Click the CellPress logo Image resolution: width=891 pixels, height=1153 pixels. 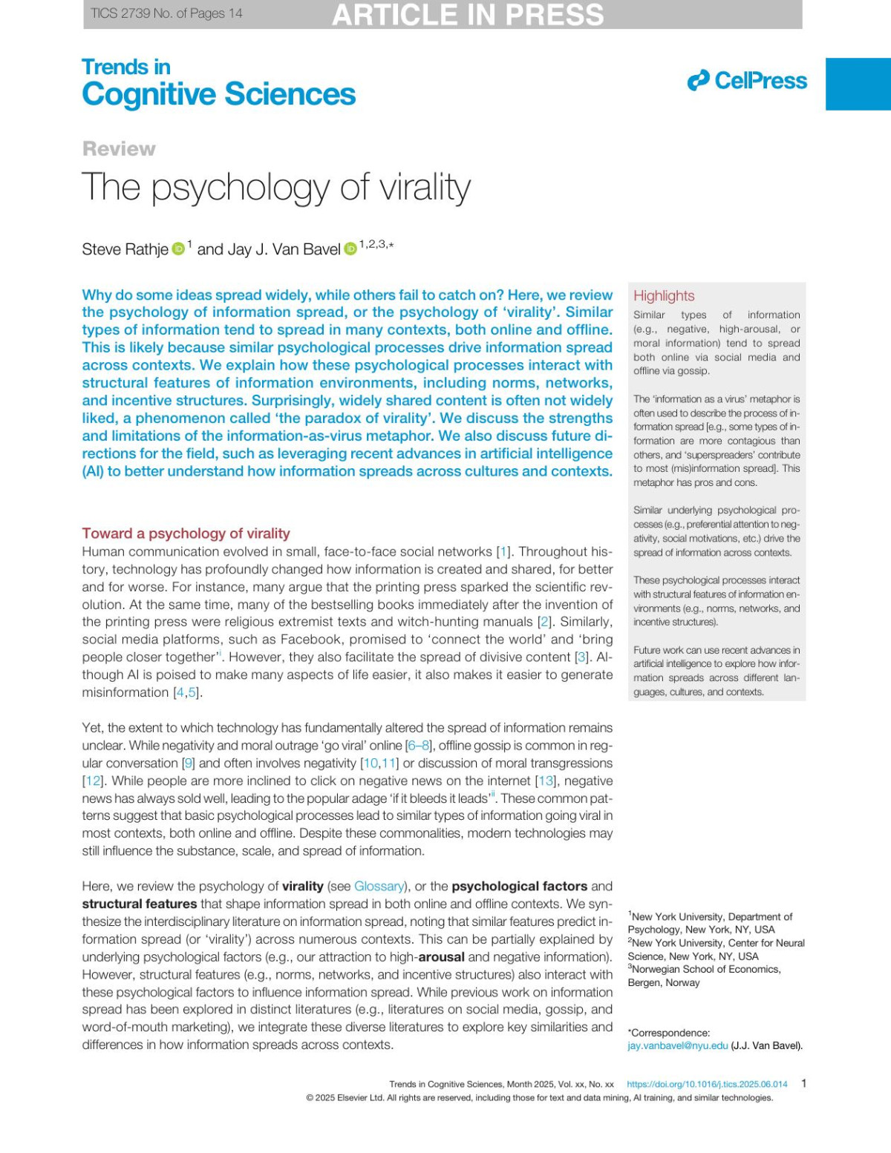[x=747, y=81]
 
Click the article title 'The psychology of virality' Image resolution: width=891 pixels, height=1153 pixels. [x=275, y=187]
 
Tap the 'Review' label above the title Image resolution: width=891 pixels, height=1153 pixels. [x=119, y=148]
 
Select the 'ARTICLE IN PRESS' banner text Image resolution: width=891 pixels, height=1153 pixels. [x=468, y=15]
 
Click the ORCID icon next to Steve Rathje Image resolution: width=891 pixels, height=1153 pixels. [x=178, y=249]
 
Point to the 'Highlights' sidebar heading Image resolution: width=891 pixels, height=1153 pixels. [x=664, y=295]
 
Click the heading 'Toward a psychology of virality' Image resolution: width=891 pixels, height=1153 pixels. [x=186, y=533]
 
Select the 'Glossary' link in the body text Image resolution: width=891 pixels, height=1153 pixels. [x=379, y=886]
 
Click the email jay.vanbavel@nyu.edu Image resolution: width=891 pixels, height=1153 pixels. [x=677, y=1045]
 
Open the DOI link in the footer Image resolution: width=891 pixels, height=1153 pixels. [x=707, y=1084]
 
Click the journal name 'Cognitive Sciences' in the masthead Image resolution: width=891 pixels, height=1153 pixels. [x=218, y=94]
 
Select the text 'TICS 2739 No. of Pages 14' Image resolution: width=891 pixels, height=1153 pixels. [x=166, y=13]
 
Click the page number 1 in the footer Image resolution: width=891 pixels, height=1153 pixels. [x=803, y=1083]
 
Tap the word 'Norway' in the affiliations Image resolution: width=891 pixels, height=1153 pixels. [x=684, y=982]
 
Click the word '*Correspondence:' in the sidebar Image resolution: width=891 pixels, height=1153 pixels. [x=668, y=1032]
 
